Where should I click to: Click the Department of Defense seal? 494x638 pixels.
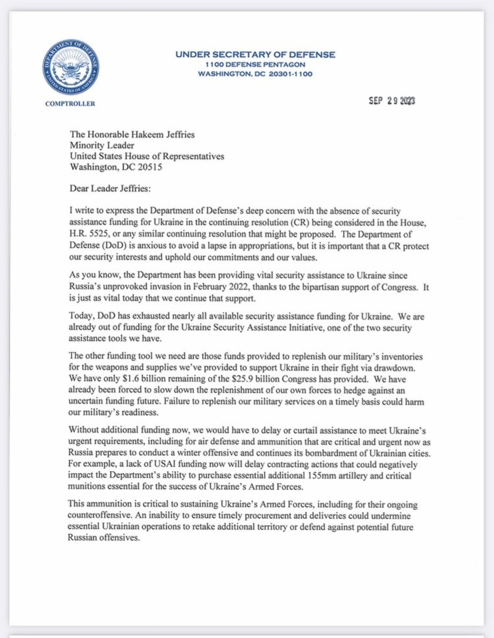tap(70, 68)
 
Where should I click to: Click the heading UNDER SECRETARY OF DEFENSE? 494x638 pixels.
tap(255, 55)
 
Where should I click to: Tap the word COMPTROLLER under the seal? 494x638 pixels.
tap(70, 104)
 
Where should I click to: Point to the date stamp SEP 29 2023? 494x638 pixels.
tap(391, 101)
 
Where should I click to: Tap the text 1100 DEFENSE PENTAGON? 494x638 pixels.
tap(255, 64)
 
